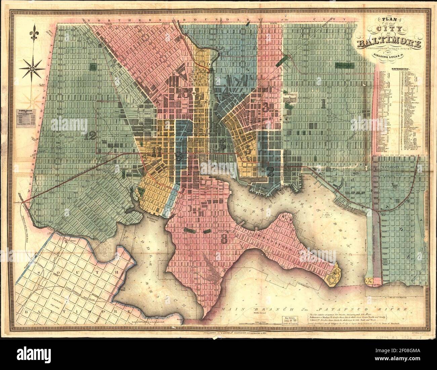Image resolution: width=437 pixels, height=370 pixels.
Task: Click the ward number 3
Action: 266,107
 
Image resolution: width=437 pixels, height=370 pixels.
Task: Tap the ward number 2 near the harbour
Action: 270,172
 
